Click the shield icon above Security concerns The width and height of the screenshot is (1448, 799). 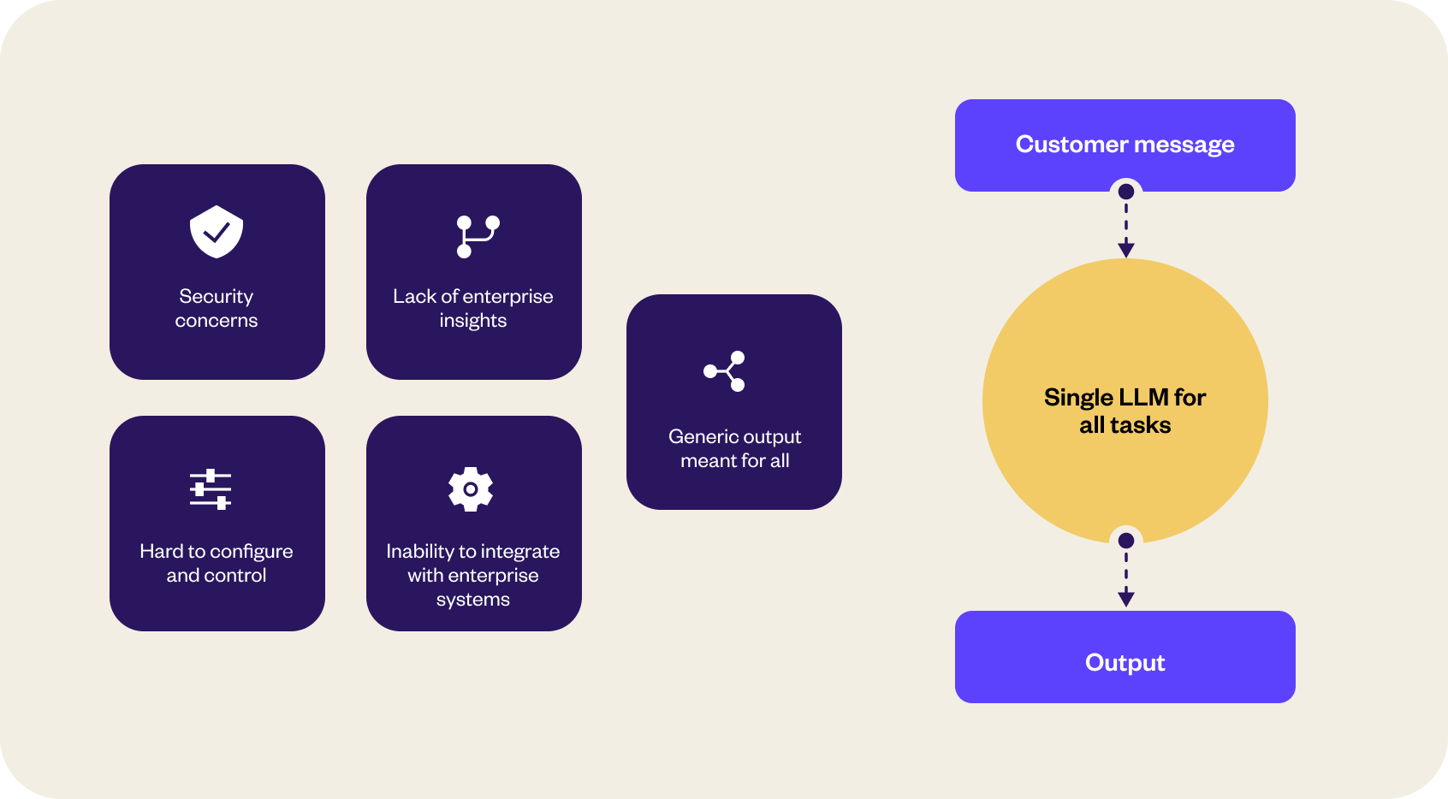click(x=217, y=232)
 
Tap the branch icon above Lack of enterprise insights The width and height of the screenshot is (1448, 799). click(x=478, y=236)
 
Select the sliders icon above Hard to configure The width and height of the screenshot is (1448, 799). click(x=211, y=489)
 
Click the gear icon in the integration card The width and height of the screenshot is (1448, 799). click(x=471, y=489)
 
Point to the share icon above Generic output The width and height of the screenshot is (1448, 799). click(x=724, y=371)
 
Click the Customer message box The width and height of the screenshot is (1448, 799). click(x=1125, y=145)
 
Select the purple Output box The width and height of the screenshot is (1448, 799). click(x=1125, y=657)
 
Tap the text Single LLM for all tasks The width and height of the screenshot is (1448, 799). click(x=1125, y=411)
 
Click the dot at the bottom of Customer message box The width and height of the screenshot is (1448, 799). click(x=1126, y=192)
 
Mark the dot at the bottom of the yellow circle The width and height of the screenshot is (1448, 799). click(x=1126, y=541)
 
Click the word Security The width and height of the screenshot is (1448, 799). click(x=217, y=297)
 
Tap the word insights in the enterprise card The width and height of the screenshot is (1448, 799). click(x=473, y=321)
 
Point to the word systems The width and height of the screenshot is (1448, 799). click(x=473, y=600)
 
